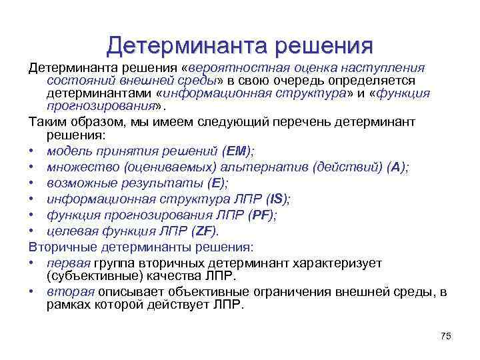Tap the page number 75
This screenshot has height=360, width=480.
pyautogui.click(x=446, y=336)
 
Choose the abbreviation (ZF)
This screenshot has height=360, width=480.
pyautogui.click(x=203, y=231)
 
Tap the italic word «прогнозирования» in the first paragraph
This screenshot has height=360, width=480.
pyautogui.click(x=100, y=106)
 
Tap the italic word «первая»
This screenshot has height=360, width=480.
pyautogui.click(x=65, y=263)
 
